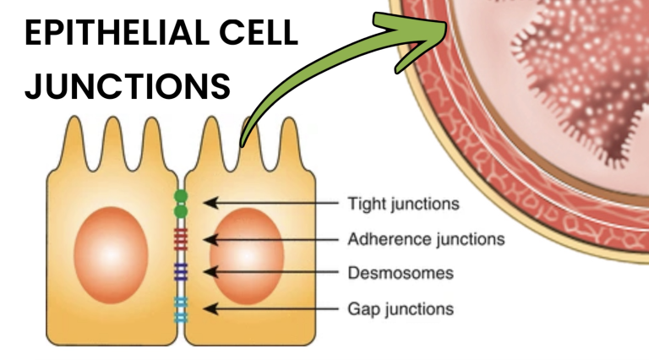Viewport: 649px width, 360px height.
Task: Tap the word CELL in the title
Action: point(259,32)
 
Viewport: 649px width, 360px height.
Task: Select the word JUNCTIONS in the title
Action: point(128,86)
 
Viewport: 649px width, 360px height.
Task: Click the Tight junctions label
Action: point(404,204)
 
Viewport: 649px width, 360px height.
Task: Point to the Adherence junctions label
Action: point(426,239)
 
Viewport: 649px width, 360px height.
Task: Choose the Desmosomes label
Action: point(401,273)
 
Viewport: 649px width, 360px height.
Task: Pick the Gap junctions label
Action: point(401,309)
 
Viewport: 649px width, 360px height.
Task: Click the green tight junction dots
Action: point(181,204)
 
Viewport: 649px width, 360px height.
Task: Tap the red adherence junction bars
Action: point(181,240)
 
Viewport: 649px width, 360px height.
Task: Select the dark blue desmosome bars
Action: point(181,272)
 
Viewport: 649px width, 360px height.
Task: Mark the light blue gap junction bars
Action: point(181,309)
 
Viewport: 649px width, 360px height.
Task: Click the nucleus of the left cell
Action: point(111,255)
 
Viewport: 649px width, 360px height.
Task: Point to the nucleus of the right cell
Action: point(247,256)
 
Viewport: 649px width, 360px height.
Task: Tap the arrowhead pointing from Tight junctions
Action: point(210,203)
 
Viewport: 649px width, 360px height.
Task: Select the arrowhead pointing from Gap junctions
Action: point(210,308)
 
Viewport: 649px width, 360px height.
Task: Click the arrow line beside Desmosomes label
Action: point(270,272)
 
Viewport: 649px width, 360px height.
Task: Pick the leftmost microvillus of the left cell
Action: point(75,140)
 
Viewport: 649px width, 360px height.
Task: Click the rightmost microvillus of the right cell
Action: point(289,141)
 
